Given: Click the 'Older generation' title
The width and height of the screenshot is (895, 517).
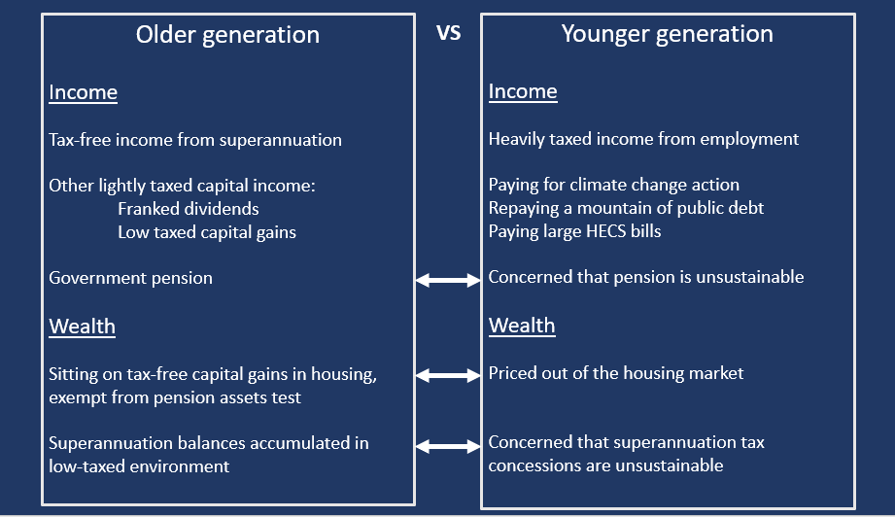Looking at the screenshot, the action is pyautogui.click(x=227, y=35).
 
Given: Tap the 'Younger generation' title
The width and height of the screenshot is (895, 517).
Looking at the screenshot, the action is pyautogui.click(x=668, y=34).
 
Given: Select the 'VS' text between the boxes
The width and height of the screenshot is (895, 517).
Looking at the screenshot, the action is pyautogui.click(x=449, y=32).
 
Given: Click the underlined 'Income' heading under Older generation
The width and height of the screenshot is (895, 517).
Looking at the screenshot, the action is pyautogui.click(x=84, y=92).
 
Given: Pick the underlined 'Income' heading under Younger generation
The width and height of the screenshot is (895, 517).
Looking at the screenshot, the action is pyautogui.click(x=523, y=91).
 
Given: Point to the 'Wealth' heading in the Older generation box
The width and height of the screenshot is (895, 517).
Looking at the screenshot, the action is pyautogui.click(x=83, y=327).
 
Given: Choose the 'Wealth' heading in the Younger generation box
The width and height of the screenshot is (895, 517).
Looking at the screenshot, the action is pyautogui.click(x=522, y=326).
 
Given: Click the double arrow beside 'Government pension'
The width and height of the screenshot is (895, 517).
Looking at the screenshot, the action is pyautogui.click(x=448, y=280).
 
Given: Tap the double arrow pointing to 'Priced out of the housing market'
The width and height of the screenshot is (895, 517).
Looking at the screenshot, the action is pyautogui.click(x=448, y=375).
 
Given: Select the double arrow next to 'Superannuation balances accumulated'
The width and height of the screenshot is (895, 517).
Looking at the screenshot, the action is pyautogui.click(x=448, y=446).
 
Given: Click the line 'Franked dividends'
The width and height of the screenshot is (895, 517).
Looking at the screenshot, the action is pyautogui.click(x=189, y=209).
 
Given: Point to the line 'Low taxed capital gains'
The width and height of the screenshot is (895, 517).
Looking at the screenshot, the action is pyautogui.click(x=207, y=233).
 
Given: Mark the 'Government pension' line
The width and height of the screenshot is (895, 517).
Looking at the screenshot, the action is pyautogui.click(x=131, y=279).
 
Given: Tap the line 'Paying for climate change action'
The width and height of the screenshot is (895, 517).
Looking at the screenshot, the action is pyautogui.click(x=614, y=185).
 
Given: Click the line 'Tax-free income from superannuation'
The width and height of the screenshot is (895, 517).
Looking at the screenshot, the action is pyautogui.click(x=195, y=140).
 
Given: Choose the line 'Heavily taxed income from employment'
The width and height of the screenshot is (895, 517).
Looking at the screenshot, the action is pyautogui.click(x=644, y=139).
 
